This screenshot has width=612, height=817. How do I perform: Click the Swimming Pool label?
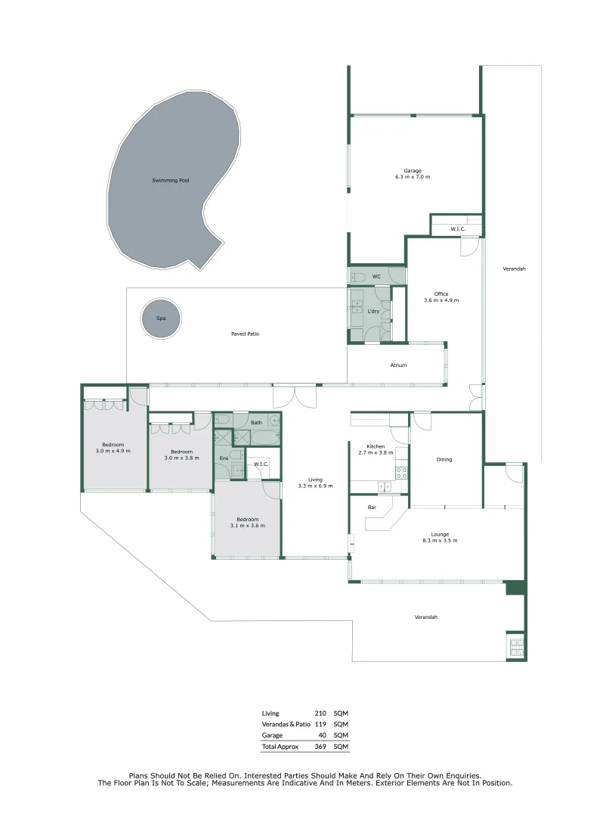point(170,181)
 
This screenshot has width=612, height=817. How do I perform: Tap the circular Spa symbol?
point(160,319)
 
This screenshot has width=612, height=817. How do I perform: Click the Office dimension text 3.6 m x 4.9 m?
point(441,300)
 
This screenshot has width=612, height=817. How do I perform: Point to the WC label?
point(376,277)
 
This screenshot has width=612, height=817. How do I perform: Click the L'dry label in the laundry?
point(372,312)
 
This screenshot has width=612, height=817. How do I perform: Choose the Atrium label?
point(398,365)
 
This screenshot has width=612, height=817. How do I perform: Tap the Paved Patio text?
point(246,334)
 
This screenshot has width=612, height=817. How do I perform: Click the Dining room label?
point(444,459)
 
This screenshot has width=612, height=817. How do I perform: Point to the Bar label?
point(372,507)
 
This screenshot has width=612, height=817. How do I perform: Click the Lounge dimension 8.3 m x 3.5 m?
point(440,541)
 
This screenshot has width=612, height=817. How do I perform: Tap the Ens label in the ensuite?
point(223,458)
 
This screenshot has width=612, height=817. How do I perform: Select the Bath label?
point(257,423)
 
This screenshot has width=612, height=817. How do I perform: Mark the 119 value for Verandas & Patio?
point(320,724)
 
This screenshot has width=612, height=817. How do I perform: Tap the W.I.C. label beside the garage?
point(457,228)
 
